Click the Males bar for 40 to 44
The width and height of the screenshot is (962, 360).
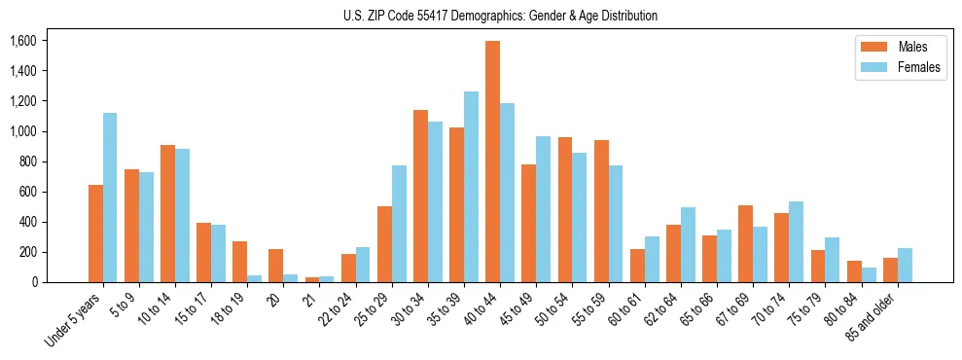(492, 162)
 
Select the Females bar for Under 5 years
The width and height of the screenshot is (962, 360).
(110, 198)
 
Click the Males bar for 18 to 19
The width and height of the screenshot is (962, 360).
(239, 262)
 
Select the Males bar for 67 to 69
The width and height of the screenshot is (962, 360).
(745, 243)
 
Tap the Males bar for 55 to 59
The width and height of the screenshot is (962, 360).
(601, 211)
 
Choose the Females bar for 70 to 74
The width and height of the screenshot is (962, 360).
(796, 241)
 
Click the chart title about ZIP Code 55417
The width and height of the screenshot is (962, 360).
(500, 16)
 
